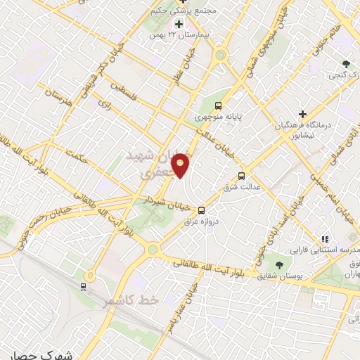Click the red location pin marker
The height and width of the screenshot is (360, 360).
[x=181, y=165]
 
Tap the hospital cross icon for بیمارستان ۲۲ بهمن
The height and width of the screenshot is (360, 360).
[x=179, y=25]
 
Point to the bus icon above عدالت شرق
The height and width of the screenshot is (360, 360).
[x=242, y=175]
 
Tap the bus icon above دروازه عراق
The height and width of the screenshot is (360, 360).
[x=202, y=210]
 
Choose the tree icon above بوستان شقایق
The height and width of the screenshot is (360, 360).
[x=279, y=264]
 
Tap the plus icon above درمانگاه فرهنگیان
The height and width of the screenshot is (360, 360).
[x=302, y=114]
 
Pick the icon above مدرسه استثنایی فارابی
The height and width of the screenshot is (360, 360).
[x=324, y=240]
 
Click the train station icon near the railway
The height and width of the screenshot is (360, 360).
[x=83, y=287]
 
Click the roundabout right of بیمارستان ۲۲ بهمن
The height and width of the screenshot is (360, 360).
[x=221, y=54]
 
